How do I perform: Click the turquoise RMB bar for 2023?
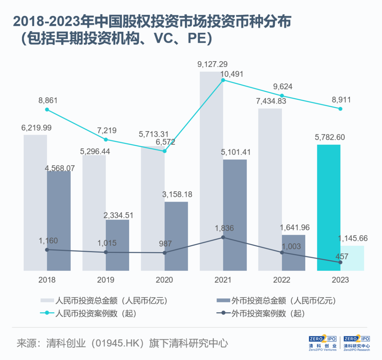pyautogui.click(x=329, y=209)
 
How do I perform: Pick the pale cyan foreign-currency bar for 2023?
pyautogui.click(x=352, y=259)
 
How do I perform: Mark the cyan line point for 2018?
pyautogui.click(x=47, y=110)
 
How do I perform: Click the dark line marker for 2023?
pyautogui.click(x=340, y=262)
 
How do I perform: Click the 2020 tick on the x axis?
pyautogui.click(x=164, y=280)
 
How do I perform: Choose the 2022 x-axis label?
pyautogui.click(x=282, y=280)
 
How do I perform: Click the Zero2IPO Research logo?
pyautogui.click(x=356, y=343)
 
